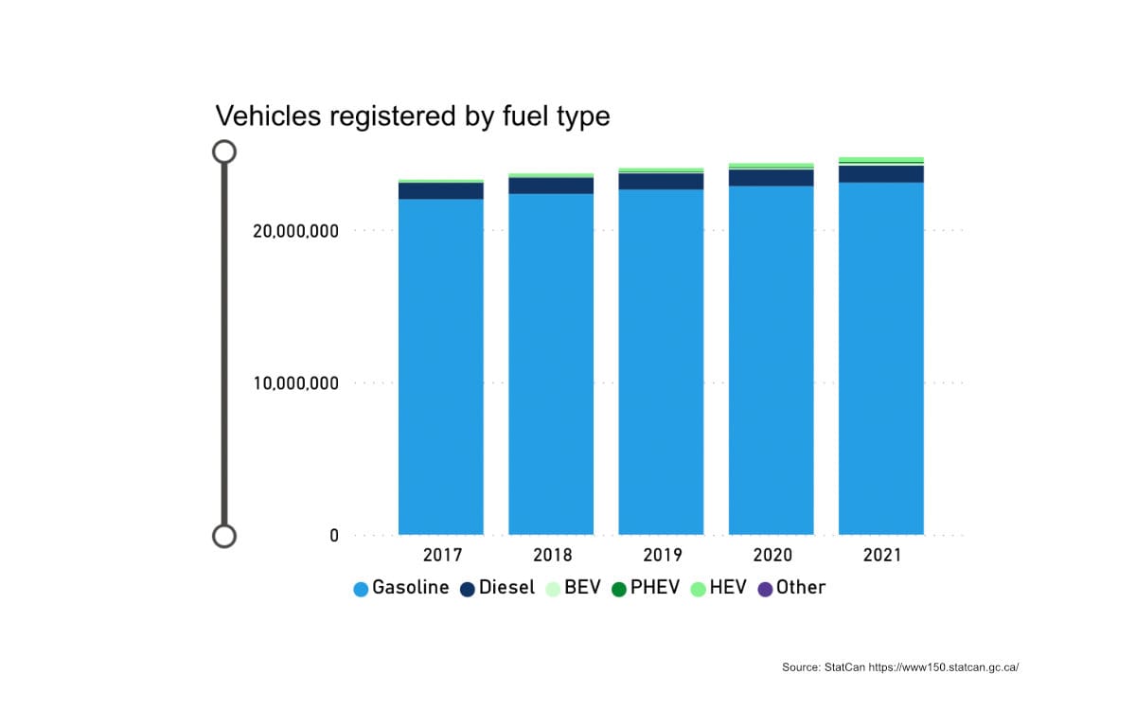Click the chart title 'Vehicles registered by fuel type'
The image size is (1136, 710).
(413, 115)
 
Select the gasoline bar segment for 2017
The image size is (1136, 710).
(440, 369)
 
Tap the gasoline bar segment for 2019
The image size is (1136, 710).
(661, 364)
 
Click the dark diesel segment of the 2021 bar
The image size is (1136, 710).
(880, 174)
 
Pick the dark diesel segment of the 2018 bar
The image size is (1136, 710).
(551, 186)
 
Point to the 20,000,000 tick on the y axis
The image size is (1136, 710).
(295, 231)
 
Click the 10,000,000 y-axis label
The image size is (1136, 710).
(295, 383)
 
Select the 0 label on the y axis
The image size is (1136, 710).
(333, 536)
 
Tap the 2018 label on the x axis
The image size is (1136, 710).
(551, 556)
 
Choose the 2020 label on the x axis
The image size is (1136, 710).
(772, 556)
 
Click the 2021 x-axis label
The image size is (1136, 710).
(881, 556)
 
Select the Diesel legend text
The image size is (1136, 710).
(506, 588)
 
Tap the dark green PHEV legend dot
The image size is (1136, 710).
(619, 589)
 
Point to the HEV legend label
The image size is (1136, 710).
(728, 588)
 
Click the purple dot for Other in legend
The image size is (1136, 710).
(765, 589)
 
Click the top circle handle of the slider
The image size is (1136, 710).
(224, 151)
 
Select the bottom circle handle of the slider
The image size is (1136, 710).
(224, 537)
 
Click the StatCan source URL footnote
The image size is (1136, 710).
(899, 667)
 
